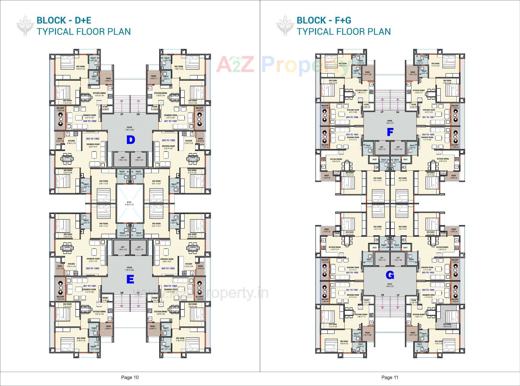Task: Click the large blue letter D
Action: (x=131, y=140)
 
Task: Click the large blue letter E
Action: (x=130, y=279)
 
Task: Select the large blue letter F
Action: (x=390, y=132)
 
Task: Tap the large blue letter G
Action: (x=390, y=275)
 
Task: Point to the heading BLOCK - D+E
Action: (x=64, y=20)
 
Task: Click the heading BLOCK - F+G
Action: (x=324, y=20)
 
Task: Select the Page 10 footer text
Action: (x=130, y=377)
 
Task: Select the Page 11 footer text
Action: (x=390, y=377)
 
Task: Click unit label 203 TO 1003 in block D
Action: (x=93, y=139)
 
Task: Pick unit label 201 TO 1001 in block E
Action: (x=90, y=286)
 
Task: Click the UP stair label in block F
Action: (x=382, y=112)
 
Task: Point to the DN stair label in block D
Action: (x=138, y=114)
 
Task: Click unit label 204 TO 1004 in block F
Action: (x=352, y=117)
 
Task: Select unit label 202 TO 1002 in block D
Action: (x=168, y=140)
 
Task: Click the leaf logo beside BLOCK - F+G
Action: (x=285, y=26)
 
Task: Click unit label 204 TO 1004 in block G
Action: (x=428, y=290)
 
